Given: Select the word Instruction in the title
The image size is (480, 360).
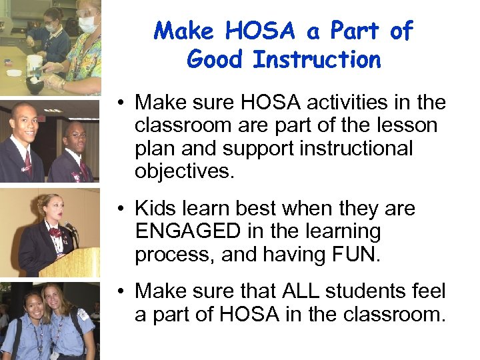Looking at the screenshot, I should [x=317, y=60].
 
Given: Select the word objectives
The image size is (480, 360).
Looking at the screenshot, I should [x=185, y=171].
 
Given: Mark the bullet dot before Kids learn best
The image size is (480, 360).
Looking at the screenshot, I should [x=123, y=209].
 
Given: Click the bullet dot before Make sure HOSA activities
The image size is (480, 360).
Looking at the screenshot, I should [x=123, y=103].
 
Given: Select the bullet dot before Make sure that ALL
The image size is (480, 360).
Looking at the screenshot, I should [x=123, y=291].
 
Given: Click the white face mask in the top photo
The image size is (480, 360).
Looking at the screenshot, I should [x=87, y=24].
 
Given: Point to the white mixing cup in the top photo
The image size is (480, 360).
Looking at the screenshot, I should [x=34, y=63].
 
